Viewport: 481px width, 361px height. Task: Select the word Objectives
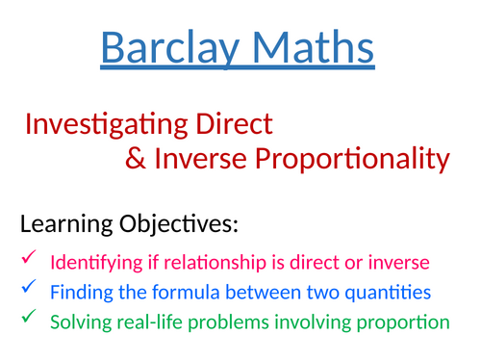pos(184,227)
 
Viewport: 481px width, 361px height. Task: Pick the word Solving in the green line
pos(79,321)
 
